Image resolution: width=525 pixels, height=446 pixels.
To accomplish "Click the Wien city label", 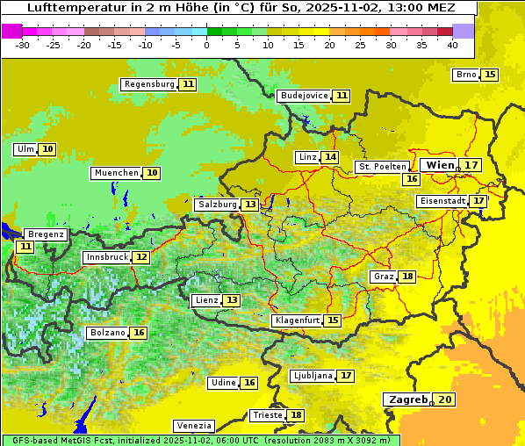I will pos(441,165).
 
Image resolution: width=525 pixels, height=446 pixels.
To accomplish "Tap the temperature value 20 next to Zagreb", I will pos(445,399).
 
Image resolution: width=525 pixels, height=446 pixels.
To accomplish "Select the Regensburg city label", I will pos(149,84).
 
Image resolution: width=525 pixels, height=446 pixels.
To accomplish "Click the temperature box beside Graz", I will pos(406,277).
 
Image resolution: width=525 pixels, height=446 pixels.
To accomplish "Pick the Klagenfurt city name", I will pos(296,320).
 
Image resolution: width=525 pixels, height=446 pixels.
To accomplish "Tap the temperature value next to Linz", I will pos(329,157).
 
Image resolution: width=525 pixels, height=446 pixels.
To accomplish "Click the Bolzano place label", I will pos(107,333).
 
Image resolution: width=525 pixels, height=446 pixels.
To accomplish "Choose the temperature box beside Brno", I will pos(489,75).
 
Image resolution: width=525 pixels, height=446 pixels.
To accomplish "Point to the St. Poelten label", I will pos(382,166).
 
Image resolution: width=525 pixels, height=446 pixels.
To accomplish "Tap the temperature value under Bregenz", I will pos(25,247).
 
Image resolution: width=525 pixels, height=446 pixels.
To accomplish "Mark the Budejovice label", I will pos(304,96).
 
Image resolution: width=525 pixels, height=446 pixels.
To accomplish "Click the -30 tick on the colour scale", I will pos(24,44).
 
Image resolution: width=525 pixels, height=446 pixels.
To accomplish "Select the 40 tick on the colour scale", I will pos(452,44).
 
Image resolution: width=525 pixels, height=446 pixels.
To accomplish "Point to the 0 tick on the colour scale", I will pos(207,44).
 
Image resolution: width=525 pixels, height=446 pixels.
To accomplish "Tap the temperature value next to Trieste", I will pos(297,415).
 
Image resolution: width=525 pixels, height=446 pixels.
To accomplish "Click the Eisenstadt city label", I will pos(442,201).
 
